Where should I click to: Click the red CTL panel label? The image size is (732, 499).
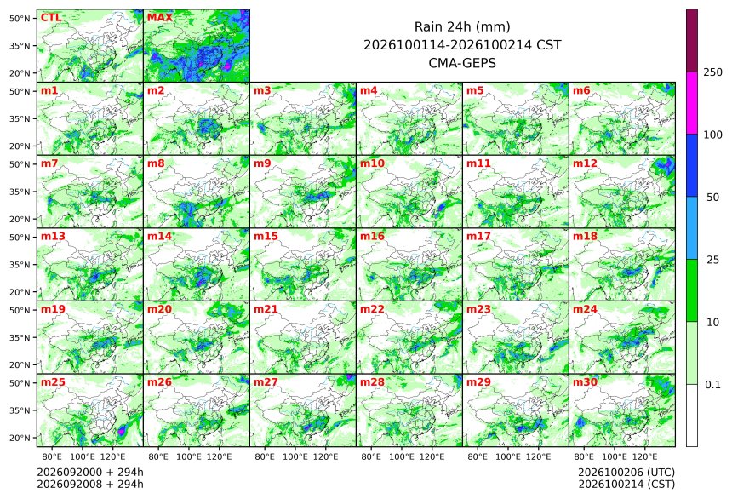coord(51,18)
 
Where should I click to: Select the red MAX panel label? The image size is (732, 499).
coord(160,18)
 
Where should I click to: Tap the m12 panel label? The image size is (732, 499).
coord(585,163)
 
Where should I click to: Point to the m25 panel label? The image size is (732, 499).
coord(53,382)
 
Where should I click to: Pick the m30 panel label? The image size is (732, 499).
coord(585,382)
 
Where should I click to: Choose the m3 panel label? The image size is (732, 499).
coord(262,90)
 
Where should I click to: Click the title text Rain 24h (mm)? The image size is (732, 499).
coord(462,26)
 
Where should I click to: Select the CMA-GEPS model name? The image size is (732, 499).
coord(462,63)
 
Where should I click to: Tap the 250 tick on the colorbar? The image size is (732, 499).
coord(713,72)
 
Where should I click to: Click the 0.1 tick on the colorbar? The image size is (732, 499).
coord(712,385)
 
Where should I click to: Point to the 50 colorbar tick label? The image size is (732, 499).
coord(712,198)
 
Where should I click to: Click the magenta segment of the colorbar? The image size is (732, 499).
coord(692,103)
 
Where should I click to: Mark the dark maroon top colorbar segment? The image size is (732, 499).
coord(692,40)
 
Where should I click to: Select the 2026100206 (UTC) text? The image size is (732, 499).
coord(626,473)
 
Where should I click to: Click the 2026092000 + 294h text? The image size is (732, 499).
coord(90,473)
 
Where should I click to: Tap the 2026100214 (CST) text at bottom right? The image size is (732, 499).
coord(626,485)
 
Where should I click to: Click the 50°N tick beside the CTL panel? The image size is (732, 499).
coord(20,18)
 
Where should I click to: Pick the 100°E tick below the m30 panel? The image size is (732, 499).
coord(615,456)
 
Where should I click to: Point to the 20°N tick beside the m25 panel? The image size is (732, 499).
coord(20,438)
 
